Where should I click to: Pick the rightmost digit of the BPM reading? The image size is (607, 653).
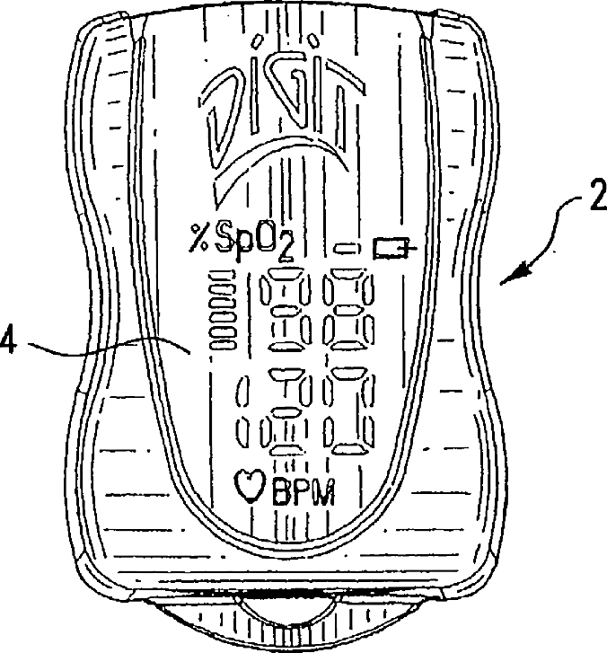click(x=349, y=414)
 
